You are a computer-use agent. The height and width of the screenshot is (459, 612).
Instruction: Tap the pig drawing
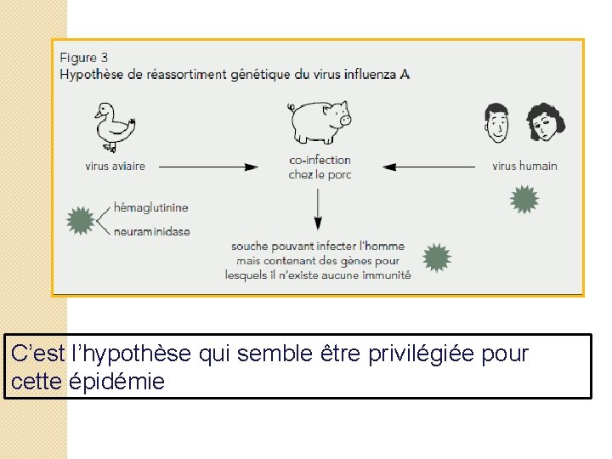tap(320, 122)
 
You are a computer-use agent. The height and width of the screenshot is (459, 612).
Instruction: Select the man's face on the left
tap(498, 123)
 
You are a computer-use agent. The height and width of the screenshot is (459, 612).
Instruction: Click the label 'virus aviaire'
tap(115, 167)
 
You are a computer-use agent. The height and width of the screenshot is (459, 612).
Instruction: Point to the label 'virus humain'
tap(524, 166)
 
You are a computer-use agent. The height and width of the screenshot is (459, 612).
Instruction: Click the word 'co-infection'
tap(320, 160)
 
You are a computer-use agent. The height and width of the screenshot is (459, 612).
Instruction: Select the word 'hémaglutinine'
tap(150, 207)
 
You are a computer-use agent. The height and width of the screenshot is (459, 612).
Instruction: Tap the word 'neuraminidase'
tap(151, 231)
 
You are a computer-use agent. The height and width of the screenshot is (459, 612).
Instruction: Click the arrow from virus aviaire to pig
tap(208, 167)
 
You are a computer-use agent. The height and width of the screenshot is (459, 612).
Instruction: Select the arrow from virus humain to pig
tap(428, 167)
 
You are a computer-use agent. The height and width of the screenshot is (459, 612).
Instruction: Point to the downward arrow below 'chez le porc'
tap(319, 208)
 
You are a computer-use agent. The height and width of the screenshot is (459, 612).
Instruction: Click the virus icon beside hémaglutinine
tap(81, 220)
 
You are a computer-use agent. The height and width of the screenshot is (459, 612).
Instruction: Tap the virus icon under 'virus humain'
tap(524, 199)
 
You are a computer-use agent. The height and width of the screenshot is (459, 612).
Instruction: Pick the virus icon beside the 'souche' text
tap(436, 258)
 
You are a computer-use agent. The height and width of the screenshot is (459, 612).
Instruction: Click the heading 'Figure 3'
tap(83, 58)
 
